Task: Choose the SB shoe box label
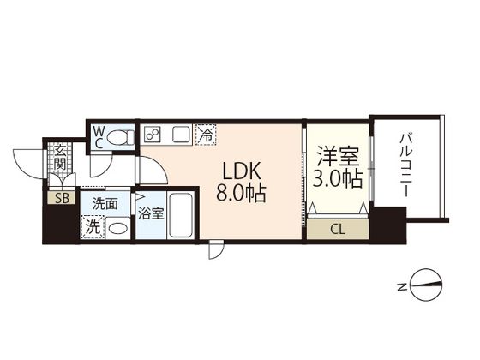[62, 197]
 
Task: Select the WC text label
[99, 137]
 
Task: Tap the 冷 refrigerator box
[206, 135]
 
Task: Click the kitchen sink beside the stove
[181, 135]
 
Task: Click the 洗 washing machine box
[92, 227]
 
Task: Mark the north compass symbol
[427, 285]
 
